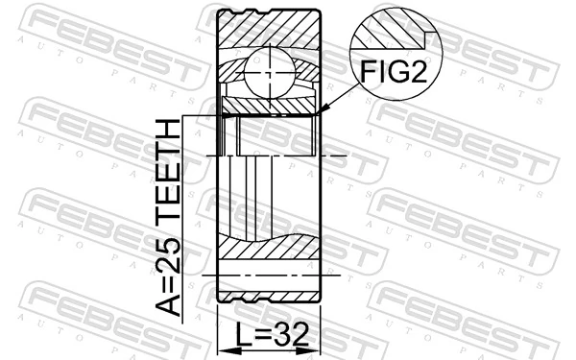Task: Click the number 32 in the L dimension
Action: (293, 335)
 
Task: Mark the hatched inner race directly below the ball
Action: (268, 105)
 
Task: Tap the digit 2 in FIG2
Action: (417, 72)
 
